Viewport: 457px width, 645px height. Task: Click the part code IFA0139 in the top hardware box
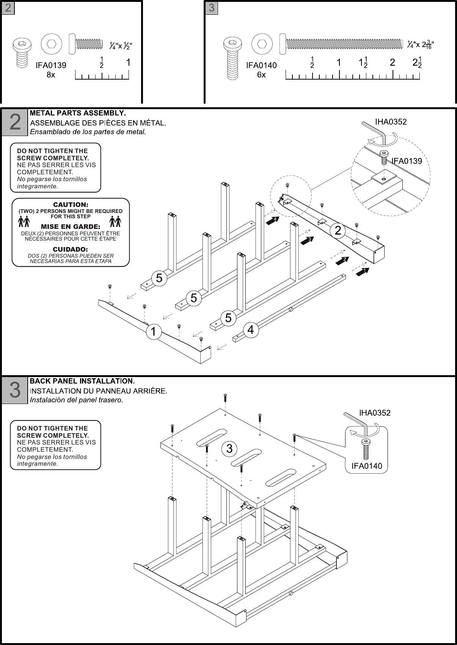51,65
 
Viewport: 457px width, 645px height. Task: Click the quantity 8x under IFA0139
51,75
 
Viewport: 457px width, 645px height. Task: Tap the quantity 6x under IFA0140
261,75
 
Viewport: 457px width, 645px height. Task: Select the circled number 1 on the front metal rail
153,332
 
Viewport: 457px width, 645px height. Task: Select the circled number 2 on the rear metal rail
338,230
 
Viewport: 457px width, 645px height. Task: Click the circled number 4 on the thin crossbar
250,330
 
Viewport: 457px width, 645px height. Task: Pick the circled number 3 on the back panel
229,449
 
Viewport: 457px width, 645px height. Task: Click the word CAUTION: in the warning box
71,205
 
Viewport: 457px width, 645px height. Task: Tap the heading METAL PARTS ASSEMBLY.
78,113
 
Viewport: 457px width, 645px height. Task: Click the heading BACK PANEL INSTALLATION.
82,380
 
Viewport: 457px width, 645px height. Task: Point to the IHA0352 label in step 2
391,122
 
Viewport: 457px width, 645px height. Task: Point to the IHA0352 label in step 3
375,413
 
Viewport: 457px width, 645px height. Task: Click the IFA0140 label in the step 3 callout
367,466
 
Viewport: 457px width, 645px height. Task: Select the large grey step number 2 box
15,122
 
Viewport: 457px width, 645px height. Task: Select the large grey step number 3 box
15,390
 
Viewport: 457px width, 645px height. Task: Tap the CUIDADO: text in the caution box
71,249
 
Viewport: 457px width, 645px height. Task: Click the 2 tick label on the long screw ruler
393,63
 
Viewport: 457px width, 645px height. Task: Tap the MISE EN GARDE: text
71,227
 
